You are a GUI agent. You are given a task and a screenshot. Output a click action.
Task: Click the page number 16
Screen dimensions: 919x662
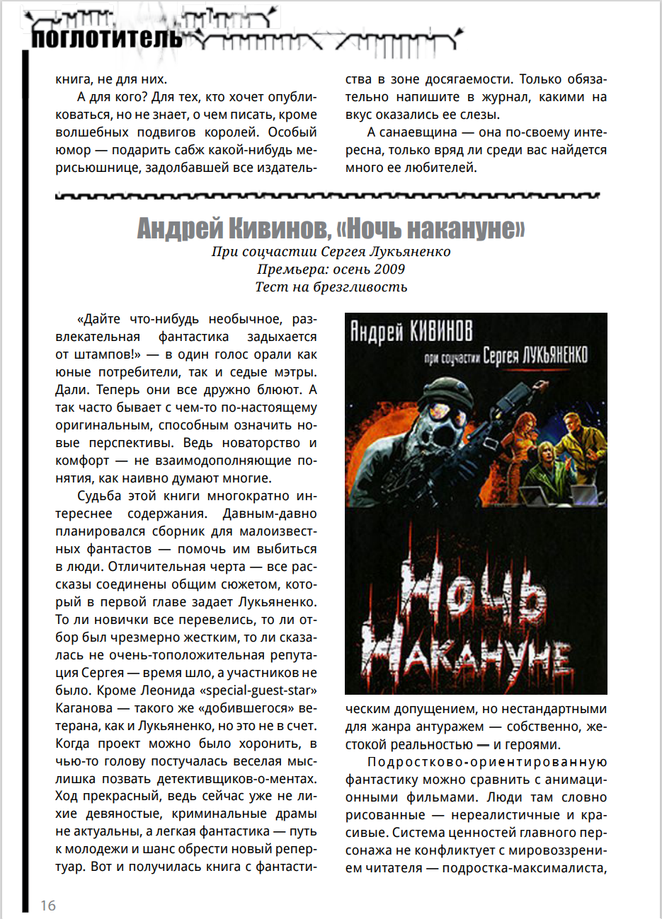tap(48, 905)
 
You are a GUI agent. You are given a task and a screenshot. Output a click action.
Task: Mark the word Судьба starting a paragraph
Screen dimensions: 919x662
tap(99, 496)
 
